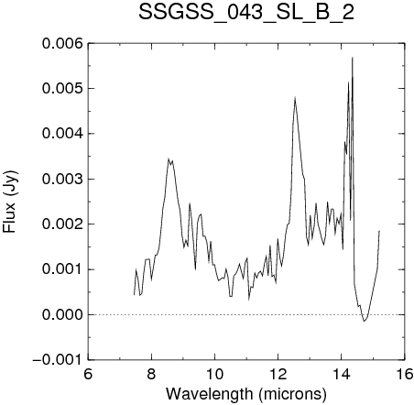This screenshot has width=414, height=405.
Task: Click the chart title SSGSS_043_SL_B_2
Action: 246,13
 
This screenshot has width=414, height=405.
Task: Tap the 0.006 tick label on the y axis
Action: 62,44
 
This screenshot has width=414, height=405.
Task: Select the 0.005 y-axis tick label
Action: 62,89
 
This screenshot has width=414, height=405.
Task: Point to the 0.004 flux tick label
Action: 62,134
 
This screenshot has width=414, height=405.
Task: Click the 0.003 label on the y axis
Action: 62,179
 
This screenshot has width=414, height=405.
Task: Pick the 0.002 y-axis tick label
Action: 62,224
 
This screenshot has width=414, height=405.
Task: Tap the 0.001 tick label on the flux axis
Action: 62,269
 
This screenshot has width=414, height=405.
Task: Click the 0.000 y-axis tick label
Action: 62,314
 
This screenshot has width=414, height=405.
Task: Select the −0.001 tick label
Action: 58,360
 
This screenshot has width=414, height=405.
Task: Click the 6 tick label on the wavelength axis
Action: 88,374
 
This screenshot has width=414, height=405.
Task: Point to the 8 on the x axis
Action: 151,374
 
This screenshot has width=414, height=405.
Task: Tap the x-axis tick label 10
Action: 215,374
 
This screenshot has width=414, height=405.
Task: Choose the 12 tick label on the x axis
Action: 278,374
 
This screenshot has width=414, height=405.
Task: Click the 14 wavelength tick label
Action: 342,374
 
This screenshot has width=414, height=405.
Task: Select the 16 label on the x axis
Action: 405,374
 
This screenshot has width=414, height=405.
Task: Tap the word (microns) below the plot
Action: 292,395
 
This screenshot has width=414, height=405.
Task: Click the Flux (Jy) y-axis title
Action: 10,202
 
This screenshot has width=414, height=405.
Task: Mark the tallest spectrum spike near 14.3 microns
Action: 353,57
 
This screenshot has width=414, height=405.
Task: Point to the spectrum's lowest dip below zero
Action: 364,321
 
